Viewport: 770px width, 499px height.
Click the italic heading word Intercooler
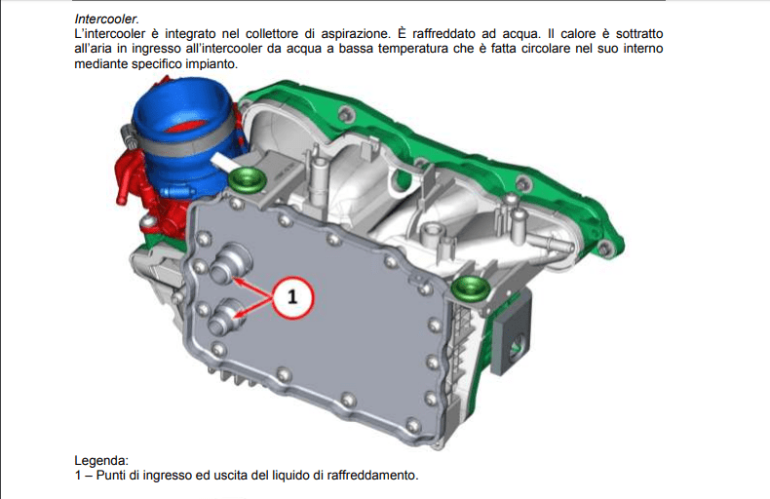pos(106,19)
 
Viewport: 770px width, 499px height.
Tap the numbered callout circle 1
pos(292,297)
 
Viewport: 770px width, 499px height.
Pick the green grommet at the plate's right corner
pos(471,288)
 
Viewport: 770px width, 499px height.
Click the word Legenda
pos(101,461)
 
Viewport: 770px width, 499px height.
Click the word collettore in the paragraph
pos(272,34)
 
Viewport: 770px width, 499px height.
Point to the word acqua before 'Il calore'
pos(521,34)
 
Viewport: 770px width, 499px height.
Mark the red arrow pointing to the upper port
pos(251,288)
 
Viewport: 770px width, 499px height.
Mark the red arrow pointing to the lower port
pos(254,308)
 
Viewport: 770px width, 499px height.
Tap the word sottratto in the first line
pos(639,34)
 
